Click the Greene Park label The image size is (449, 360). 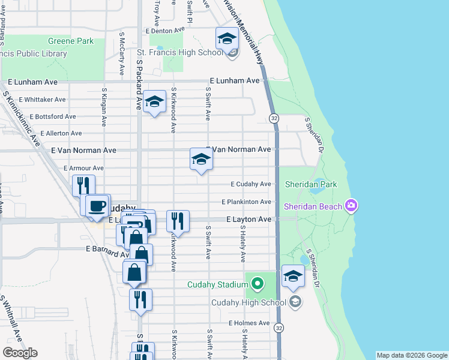point(71,41)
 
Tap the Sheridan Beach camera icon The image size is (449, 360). point(351,206)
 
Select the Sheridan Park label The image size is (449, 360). point(311,184)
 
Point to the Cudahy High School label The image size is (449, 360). point(249,302)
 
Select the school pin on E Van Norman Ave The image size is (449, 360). point(201,160)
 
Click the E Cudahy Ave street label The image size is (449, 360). point(251,184)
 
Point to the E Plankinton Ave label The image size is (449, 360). point(246,202)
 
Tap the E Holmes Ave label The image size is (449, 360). point(249,323)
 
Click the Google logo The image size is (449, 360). point(20,353)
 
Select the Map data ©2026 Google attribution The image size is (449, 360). point(412,355)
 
